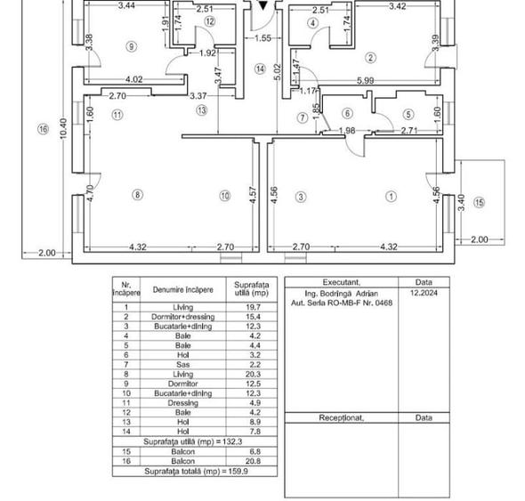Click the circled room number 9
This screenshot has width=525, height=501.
(x=132, y=46)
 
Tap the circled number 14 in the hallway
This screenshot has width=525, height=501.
(x=260, y=69)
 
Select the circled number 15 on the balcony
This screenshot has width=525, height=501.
(x=479, y=202)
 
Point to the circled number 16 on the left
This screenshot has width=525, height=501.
(x=44, y=129)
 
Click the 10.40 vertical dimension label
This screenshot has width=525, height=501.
(x=63, y=128)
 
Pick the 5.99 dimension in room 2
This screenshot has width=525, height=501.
(x=366, y=80)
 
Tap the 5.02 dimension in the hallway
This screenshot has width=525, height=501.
(x=279, y=72)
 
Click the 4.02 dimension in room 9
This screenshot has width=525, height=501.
(x=134, y=79)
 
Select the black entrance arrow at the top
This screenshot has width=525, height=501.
(x=263, y=5)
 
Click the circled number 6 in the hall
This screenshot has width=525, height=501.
(x=347, y=113)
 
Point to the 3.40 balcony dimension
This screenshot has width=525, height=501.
(x=461, y=203)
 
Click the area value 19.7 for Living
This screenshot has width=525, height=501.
(x=253, y=307)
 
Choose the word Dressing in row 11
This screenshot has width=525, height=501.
(x=182, y=402)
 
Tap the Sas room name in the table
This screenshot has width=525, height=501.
(x=182, y=364)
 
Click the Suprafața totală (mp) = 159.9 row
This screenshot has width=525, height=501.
(x=196, y=472)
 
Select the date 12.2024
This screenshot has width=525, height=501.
(x=424, y=293)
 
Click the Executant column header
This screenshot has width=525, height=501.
(x=341, y=282)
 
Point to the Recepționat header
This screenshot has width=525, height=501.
(x=341, y=417)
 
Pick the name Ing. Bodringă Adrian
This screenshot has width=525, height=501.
(x=341, y=294)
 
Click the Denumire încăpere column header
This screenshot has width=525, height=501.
(x=182, y=290)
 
